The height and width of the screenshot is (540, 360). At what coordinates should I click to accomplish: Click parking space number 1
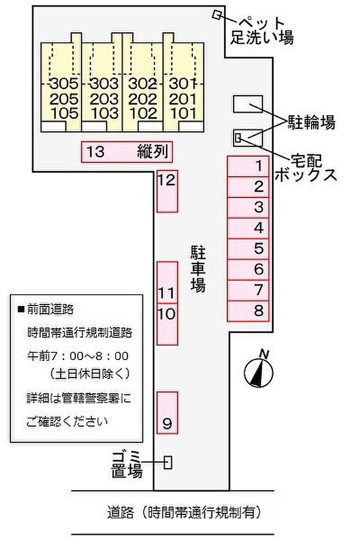pos(248,166)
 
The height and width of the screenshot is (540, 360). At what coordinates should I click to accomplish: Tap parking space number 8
pos(248,311)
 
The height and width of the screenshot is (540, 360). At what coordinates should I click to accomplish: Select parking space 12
pos(168,191)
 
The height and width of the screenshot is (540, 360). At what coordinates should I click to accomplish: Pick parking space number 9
pos(168,412)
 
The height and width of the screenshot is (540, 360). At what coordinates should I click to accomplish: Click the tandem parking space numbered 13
pos(127,152)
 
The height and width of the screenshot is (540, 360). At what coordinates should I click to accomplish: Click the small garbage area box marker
pos(168,462)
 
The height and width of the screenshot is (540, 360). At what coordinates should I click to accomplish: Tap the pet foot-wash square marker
pos(217,14)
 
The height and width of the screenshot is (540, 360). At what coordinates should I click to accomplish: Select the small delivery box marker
pos(238,138)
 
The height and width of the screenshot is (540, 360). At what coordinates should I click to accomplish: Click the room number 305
pos(64,83)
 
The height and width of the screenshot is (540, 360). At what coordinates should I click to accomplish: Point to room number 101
pos(183,113)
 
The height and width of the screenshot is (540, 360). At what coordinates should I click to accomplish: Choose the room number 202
pos(142,99)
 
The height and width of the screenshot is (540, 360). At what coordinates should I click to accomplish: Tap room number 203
pos(104,99)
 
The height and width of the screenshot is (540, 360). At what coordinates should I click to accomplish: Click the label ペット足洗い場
pos(262,31)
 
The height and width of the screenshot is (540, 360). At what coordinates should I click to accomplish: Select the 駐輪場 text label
pos(312,122)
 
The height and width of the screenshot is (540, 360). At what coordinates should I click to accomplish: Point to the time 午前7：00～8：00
pos(78,356)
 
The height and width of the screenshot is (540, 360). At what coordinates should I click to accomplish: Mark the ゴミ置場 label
pos(127,465)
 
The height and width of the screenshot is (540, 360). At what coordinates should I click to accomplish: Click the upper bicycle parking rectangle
pos(248,104)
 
